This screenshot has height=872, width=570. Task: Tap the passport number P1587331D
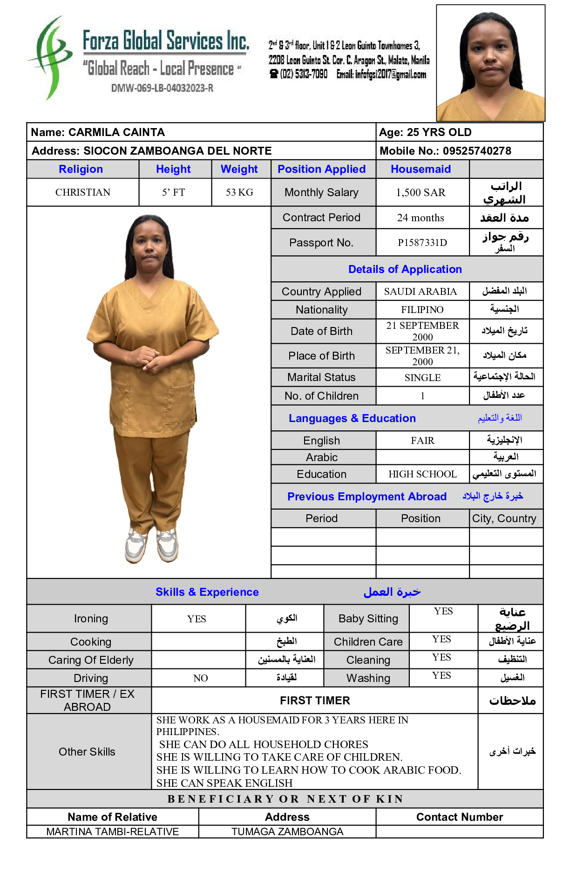[422, 243]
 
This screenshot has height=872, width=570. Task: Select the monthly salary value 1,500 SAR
[421, 192]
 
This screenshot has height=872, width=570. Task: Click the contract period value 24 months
[421, 218]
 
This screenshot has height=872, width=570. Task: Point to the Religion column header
[81, 169]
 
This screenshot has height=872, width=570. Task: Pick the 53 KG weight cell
[239, 192]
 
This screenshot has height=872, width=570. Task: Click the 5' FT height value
[173, 192]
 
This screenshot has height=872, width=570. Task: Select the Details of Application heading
[405, 269]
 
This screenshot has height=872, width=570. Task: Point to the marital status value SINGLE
[422, 377]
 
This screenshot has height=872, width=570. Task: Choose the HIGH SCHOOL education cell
[422, 474]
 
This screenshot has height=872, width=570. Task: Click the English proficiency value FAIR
[422, 441]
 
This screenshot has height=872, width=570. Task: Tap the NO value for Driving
[200, 678]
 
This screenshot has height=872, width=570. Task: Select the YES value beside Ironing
[197, 619]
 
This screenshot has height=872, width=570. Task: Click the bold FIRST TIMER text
[315, 701]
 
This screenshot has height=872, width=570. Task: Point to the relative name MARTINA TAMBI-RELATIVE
[112, 831]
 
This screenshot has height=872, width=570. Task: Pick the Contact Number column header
[459, 817]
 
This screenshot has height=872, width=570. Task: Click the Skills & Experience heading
[207, 592]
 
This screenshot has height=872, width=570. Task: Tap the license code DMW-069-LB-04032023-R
[162, 88]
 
